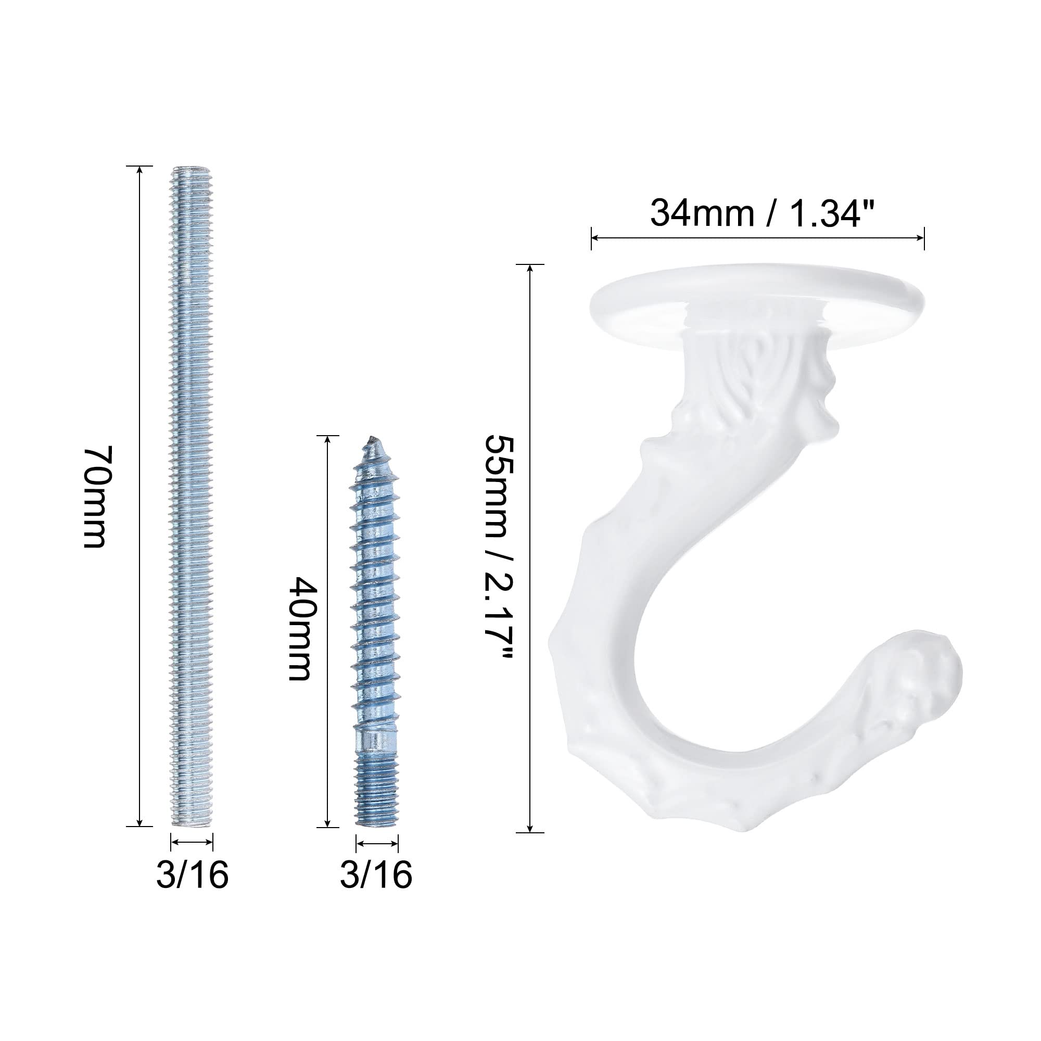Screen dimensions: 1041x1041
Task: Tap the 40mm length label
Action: pyautogui.click(x=300, y=629)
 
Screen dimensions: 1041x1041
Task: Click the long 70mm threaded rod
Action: pyautogui.click(x=192, y=496)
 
